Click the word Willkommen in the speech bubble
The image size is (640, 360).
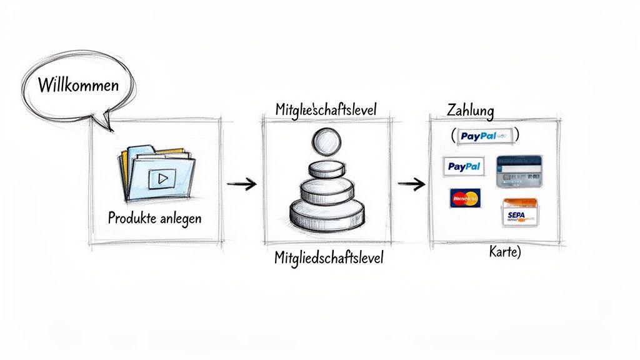tap(77, 84)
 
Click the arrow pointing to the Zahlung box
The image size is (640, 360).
tap(411, 184)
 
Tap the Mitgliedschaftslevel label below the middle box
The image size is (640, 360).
tap(329, 257)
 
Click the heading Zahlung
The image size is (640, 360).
tap(471, 111)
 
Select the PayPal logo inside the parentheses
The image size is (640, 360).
tap(484, 135)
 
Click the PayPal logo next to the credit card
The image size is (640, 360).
tap(464, 166)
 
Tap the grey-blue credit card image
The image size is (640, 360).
tap(518, 171)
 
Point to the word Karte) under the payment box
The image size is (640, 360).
tap(504, 253)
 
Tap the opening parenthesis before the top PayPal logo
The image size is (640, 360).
tap(452, 135)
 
